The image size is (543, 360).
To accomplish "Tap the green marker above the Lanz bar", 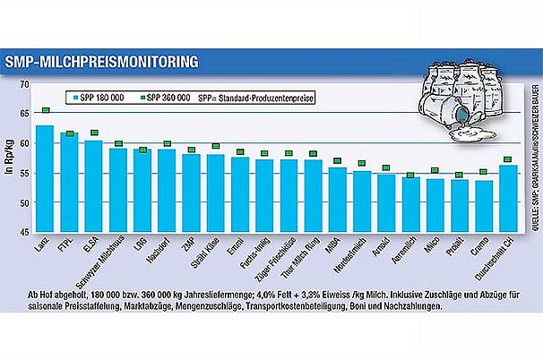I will pyautogui.click(x=45, y=111).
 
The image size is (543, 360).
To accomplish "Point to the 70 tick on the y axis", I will pyautogui.click(x=24, y=83).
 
